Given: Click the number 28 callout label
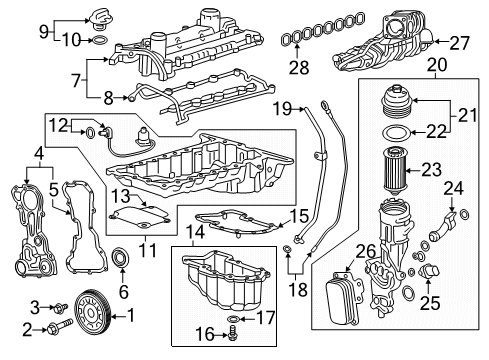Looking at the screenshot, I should (297, 66).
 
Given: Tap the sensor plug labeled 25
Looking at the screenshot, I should (433, 273).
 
